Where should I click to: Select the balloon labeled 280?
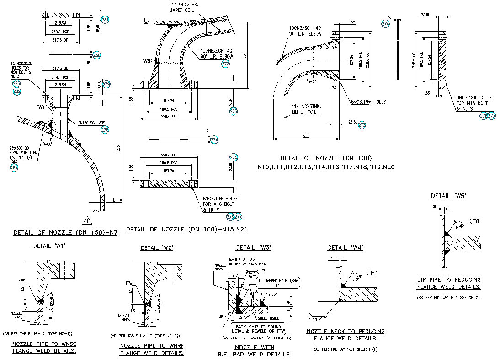point(96,55)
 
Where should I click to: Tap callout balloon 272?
point(225,64)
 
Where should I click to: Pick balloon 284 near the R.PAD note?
point(15,167)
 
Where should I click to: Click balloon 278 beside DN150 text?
point(105,130)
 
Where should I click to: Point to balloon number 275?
point(234,157)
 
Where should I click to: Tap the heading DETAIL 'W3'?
point(253,247)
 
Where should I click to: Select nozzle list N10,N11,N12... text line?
point(325,167)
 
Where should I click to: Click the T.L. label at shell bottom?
point(113,200)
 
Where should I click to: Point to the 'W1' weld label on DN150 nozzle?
point(43,107)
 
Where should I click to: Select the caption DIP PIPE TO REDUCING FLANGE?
point(448,283)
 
